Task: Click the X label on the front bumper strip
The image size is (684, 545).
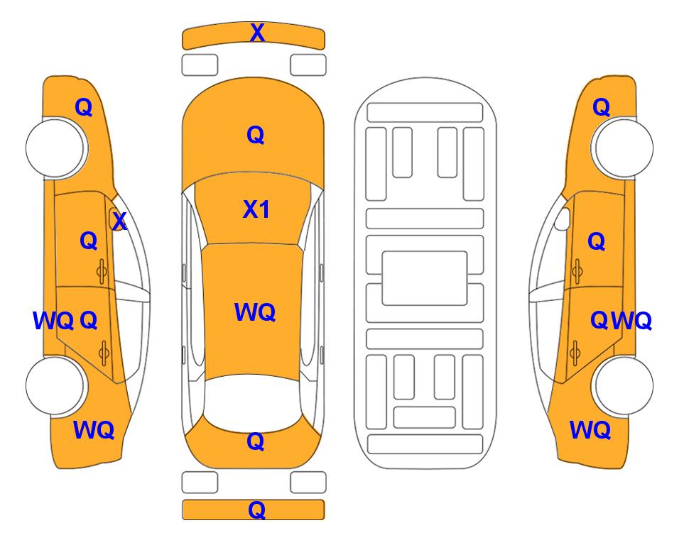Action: (257, 33)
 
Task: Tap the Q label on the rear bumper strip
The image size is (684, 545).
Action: (256, 510)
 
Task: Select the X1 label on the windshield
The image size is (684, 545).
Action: (256, 209)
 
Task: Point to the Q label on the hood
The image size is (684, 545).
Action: (256, 135)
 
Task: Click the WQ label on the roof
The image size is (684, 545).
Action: (255, 312)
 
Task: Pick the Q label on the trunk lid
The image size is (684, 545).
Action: (256, 441)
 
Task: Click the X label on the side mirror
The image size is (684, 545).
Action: (119, 221)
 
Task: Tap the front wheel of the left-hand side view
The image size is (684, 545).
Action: (55, 148)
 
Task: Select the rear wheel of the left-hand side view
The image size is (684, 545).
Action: (55, 385)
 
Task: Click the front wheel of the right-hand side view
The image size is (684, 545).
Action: (622, 148)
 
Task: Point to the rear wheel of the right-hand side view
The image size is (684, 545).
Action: (622, 385)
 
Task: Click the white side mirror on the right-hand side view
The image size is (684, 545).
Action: (563, 219)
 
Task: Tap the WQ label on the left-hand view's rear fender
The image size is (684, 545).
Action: (94, 430)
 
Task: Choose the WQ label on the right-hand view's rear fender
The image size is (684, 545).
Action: (590, 430)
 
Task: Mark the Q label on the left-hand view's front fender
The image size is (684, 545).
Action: (84, 107)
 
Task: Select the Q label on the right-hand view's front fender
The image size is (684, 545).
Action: (601, 107)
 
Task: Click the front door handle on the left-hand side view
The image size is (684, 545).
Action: (102, 271)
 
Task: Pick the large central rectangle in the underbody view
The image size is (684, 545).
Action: (425, 278)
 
